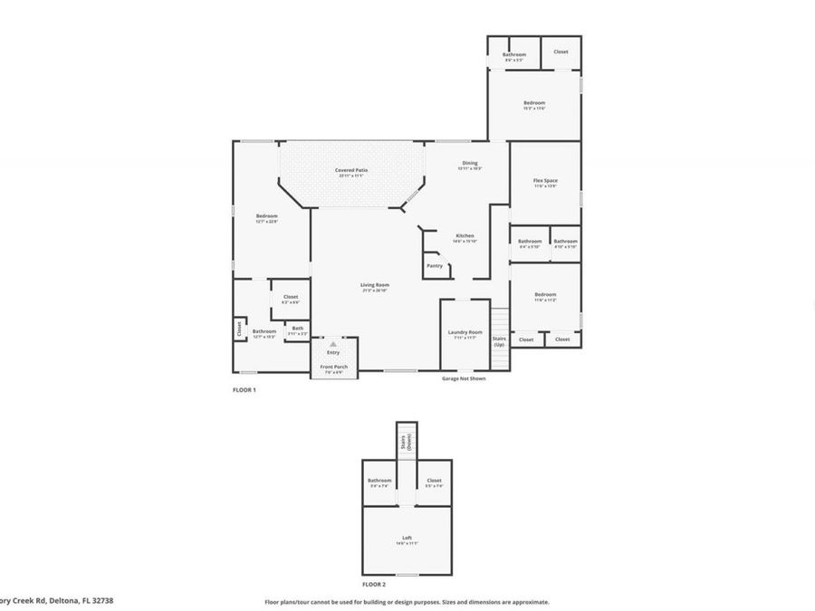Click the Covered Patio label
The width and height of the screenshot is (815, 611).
click(x=351, y=170)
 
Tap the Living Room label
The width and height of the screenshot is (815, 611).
click(x=375, y=285)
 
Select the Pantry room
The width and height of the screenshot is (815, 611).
click(x=435, y=265)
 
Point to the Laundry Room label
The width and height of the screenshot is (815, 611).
click(x=465, y=333)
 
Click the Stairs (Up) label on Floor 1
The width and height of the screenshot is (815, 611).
click(x=499, y=341)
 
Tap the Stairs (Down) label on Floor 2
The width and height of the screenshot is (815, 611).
click(x=407, y=442)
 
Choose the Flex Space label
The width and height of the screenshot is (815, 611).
click(x=545, y=181)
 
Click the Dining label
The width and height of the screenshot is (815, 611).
click(x=470, y=164)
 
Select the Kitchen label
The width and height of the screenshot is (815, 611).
click(x=465, y=236)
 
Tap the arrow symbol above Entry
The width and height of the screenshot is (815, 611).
click(x=333, y=345)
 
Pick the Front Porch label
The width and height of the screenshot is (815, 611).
click(x=334, y=367)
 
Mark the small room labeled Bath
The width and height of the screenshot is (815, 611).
click(x=298, y=329)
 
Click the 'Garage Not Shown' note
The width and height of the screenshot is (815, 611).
click(x=464, y=378)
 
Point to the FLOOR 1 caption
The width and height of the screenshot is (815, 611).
click(x=244, y=390)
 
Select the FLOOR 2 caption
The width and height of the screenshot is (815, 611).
click(x=375, y=586)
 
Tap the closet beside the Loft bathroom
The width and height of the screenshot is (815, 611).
click(x=434, y=481)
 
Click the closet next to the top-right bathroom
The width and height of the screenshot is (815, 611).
click(x=561, y=52)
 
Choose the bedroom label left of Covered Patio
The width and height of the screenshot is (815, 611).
click(x=266, y=216)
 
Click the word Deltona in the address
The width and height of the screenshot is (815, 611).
click(x=58, y=600)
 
